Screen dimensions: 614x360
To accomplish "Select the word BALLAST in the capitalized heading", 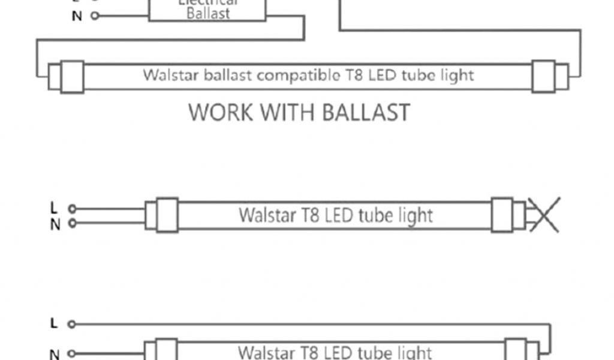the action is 366,112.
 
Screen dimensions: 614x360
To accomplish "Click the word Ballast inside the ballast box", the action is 208,14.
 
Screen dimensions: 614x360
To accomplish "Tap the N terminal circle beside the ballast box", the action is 95,16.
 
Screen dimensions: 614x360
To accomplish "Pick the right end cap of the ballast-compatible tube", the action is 543,76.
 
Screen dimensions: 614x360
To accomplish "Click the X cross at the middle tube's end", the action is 543,214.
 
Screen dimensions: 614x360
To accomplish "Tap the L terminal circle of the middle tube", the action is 72,209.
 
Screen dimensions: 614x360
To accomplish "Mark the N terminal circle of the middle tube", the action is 72,223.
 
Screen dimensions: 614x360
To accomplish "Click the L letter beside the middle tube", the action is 54,208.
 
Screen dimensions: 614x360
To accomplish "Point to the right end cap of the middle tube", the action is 502,215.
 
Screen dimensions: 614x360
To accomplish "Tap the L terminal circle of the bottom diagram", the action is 71,325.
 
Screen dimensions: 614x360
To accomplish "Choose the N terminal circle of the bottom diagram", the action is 71,353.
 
